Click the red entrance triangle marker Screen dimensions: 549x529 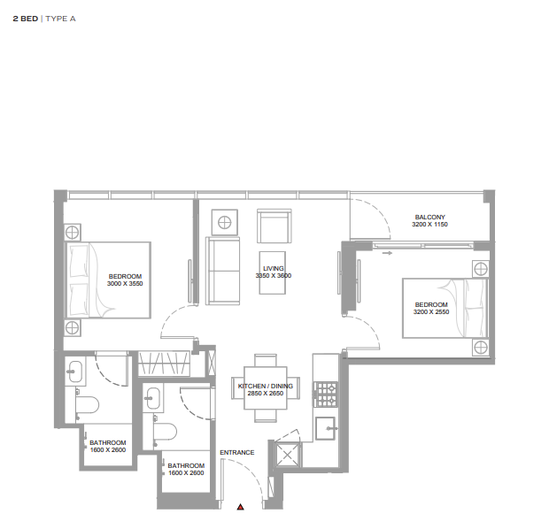(240, 507)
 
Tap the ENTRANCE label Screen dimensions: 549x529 (237, 452)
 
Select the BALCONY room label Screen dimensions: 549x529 (430, 218)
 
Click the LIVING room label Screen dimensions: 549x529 (274, 268)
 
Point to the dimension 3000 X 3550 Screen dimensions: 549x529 (125, 284)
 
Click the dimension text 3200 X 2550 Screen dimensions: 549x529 (431, 312)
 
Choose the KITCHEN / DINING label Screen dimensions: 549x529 (266, 386)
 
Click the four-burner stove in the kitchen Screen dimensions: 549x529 (326, 395)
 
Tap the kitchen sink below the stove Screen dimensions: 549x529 (325, 428)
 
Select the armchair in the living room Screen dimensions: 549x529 (274, 226)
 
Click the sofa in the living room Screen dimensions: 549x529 (222, 271)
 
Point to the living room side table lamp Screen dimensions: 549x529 (224, 223)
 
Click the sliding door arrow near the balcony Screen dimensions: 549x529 (387, 253)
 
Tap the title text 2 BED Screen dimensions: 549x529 (26, 19)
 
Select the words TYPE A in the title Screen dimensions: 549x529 (60, 19)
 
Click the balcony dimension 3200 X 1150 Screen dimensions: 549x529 (430, 225)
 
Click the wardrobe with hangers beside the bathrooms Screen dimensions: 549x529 (164, 364)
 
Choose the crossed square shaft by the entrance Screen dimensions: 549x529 (288, 455)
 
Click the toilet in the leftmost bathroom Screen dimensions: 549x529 (87, 405)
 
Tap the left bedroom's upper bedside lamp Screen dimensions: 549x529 (72, 232)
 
